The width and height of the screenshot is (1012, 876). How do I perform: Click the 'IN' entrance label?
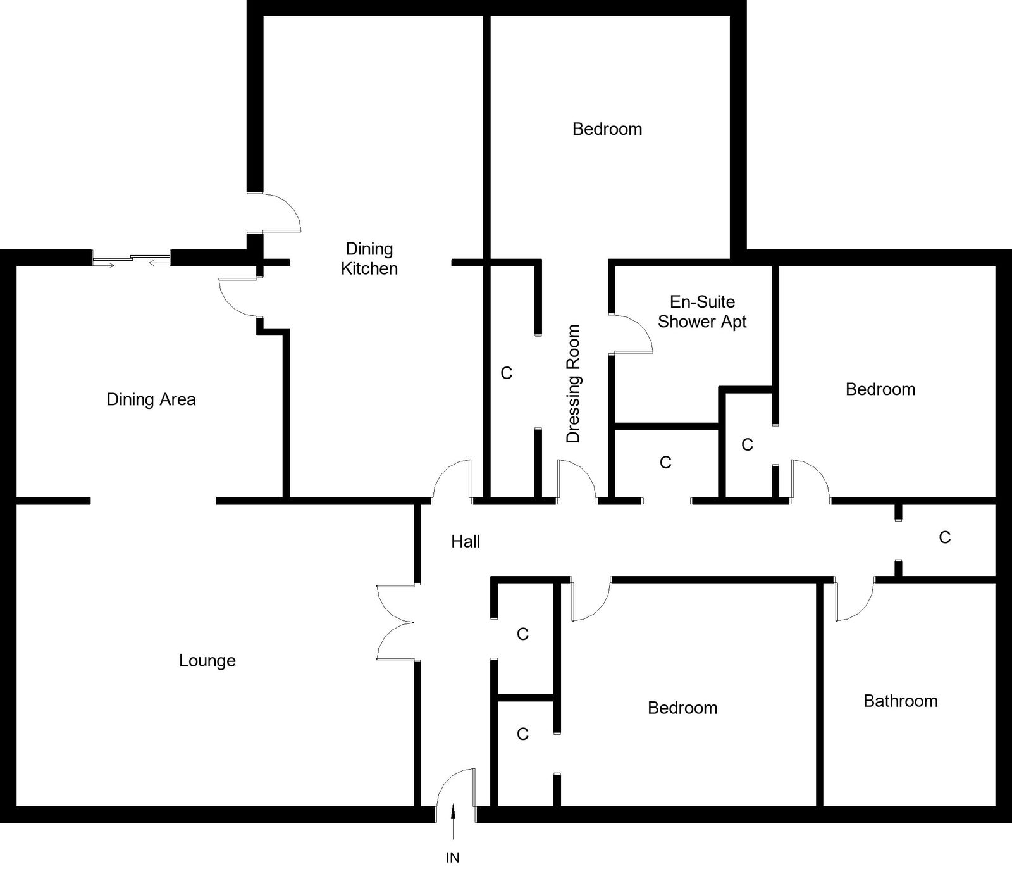coord(453,858)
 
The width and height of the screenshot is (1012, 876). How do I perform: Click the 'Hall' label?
coord(466,542)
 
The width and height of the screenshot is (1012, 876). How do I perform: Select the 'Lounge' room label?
coord(207,661)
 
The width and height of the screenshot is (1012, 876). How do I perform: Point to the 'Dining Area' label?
coord(151,399)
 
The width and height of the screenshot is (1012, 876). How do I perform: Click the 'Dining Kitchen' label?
coord(369,259)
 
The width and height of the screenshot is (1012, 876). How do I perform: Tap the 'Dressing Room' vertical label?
coord(573,384)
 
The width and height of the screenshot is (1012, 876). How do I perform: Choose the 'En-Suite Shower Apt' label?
coord(702,311)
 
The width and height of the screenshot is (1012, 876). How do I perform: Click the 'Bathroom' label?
coord(900,701)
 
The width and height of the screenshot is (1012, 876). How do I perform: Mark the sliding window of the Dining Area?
coord(132,259)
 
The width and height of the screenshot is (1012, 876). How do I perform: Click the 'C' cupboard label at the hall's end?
coord(945,537)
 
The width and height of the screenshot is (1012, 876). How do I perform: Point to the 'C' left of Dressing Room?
coord(506,373)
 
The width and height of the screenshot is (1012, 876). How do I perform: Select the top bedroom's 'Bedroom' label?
coord(607,129)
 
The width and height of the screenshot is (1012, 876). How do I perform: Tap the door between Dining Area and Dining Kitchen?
coord(238,296)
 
